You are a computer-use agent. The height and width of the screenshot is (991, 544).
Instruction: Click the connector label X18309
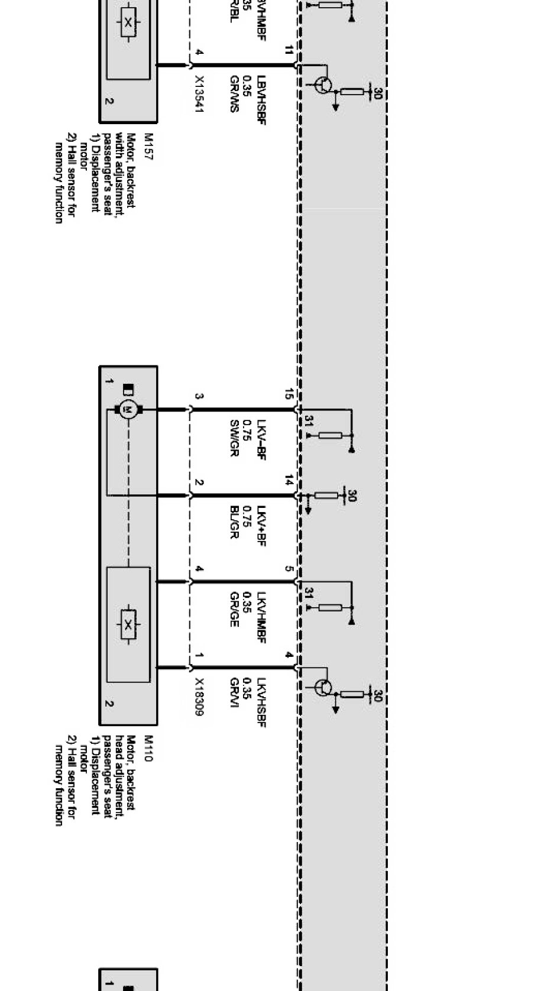point(199,697)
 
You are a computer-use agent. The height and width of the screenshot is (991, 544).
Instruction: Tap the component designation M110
point(148,748)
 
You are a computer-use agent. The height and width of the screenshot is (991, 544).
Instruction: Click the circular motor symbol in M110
point(128,409)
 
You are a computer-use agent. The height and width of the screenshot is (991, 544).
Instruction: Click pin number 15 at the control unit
point(289,394)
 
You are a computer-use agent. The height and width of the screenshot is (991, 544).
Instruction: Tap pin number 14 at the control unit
point(289,481)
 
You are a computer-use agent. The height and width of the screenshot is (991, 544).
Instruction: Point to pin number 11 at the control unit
point(289,51)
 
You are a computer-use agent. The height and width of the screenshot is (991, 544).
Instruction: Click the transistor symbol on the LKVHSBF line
point(323,688)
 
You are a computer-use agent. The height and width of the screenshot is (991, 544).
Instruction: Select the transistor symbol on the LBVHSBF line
point(323,85)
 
